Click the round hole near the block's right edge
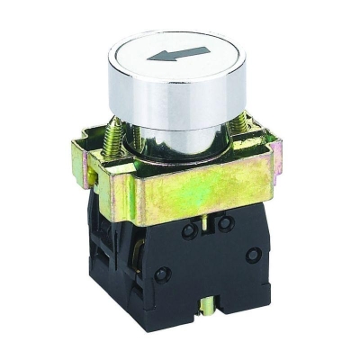point(253,254)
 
